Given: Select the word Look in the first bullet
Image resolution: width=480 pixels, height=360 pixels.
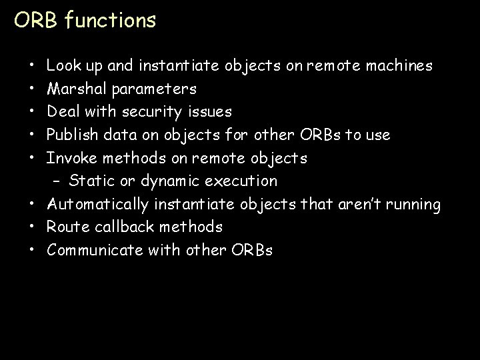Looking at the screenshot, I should [61, 66].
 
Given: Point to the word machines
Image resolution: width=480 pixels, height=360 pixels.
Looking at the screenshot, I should [398, 66].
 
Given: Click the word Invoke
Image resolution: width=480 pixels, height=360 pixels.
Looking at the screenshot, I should [69, 158].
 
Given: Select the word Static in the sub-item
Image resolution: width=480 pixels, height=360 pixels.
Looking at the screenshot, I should [91, 181].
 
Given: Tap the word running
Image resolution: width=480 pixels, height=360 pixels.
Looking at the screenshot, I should [411, 205].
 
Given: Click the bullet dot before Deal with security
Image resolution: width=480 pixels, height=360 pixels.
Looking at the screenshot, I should [33, 112].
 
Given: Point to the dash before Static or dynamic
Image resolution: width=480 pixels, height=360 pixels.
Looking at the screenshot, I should [57, 181].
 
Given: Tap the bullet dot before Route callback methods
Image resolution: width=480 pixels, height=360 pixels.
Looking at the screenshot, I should [33, 227].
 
